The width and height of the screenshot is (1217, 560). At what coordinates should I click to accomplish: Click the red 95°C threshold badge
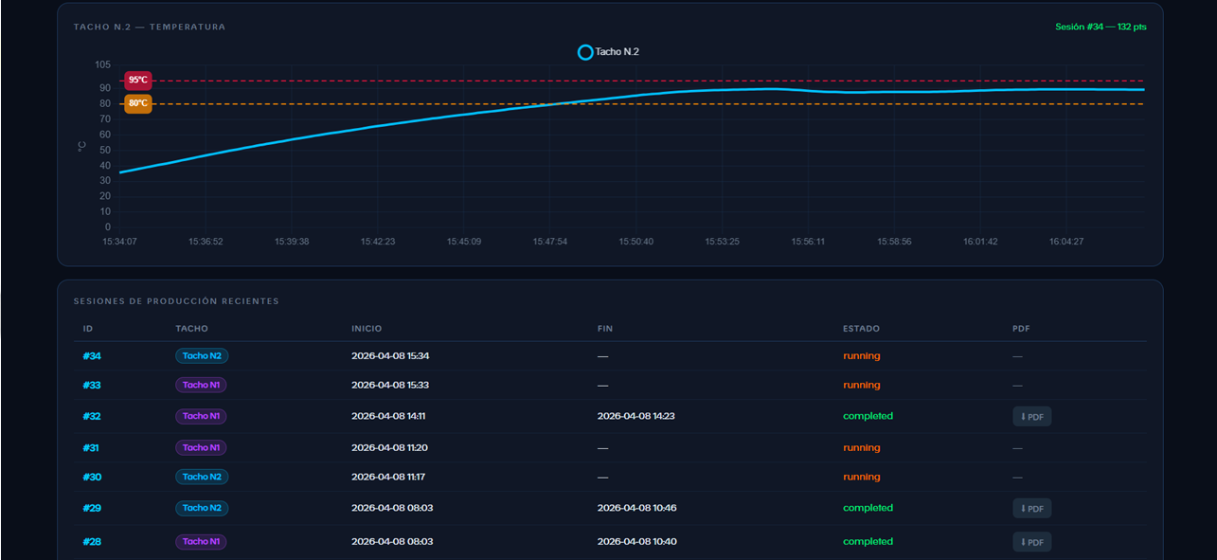[138, 81]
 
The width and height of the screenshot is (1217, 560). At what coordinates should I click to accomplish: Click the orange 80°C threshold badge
[138, 103]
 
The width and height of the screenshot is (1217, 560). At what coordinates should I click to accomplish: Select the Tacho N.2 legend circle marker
[585, 52]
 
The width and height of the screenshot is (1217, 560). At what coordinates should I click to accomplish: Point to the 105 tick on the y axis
[102, 64]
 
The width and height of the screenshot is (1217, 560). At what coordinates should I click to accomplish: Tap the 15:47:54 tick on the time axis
[550, 242]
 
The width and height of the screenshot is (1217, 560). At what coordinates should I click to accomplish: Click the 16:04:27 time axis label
[1066, 242]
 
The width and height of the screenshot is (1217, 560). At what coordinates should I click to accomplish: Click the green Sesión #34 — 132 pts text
[1101, 27]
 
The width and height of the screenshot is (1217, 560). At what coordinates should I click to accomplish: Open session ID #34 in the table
[92, 356]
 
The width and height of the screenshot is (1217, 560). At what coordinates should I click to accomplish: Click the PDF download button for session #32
[1031, 417]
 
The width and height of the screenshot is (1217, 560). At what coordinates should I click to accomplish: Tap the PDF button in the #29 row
[1031, 508]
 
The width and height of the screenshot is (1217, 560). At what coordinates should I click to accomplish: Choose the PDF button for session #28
[1031, 542]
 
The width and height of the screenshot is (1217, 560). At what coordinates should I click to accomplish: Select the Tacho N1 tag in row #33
[201, 385]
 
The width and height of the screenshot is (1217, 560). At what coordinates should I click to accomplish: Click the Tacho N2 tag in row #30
[202, 477]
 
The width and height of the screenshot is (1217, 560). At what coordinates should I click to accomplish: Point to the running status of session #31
[862, 448]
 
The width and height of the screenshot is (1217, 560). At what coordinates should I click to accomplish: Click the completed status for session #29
[868, 508]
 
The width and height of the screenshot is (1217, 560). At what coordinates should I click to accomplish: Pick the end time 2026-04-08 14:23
[635, 416]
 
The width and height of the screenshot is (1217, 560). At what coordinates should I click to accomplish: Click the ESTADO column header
[861, 329]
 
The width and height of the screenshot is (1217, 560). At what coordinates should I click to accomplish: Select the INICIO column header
[367, 329]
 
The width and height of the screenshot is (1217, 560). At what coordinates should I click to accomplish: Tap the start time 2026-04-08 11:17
[388, 477]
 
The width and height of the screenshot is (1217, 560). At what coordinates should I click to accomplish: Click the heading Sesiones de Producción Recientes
[176, 301]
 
